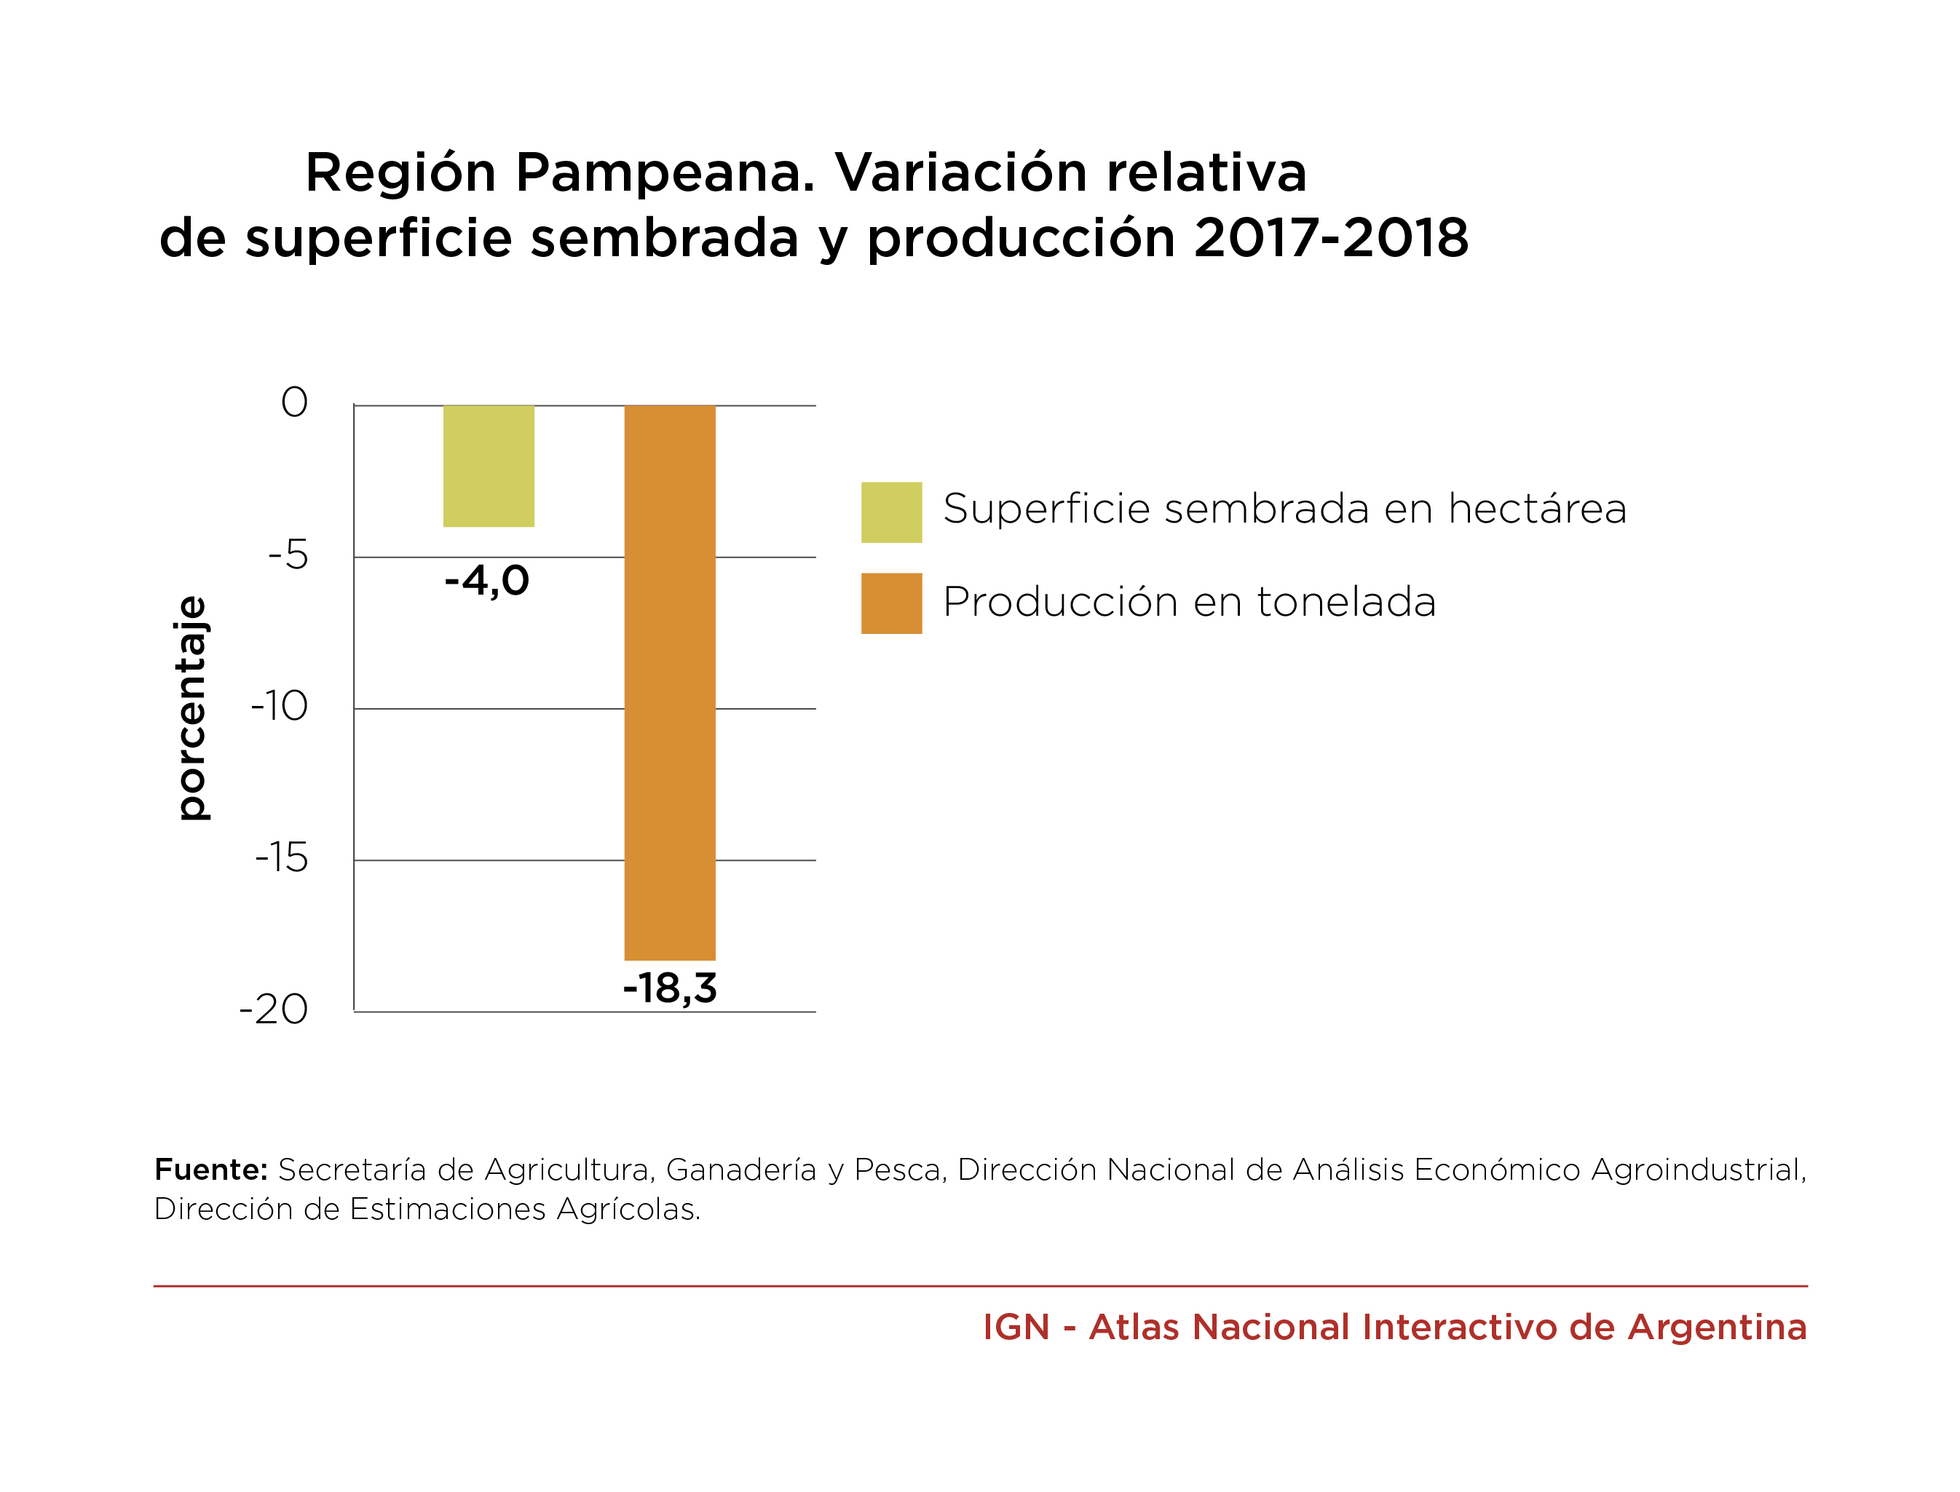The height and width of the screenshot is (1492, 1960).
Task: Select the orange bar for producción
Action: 669,682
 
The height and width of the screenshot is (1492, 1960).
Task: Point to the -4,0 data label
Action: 487,581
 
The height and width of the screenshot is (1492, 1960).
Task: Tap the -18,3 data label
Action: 669,988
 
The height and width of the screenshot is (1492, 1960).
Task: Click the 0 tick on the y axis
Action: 294,402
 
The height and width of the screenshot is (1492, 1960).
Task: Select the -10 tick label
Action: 279,707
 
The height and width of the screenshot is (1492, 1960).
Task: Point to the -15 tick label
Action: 281,858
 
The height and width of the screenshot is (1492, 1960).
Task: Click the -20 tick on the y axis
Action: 274,1009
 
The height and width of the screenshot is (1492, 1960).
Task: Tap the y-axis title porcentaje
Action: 192,708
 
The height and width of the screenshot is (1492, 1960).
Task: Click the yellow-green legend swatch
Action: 891,512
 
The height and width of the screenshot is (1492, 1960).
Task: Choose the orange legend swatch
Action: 891,603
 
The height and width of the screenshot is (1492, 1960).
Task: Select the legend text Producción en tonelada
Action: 1189,602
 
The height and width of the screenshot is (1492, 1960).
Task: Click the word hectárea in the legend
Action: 1537,509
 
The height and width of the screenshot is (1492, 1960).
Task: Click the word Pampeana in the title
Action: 665,172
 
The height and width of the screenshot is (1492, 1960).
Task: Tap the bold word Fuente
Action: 210,1170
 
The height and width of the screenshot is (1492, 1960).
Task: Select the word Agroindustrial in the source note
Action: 1698,1170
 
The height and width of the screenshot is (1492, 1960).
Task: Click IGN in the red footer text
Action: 1016,1328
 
